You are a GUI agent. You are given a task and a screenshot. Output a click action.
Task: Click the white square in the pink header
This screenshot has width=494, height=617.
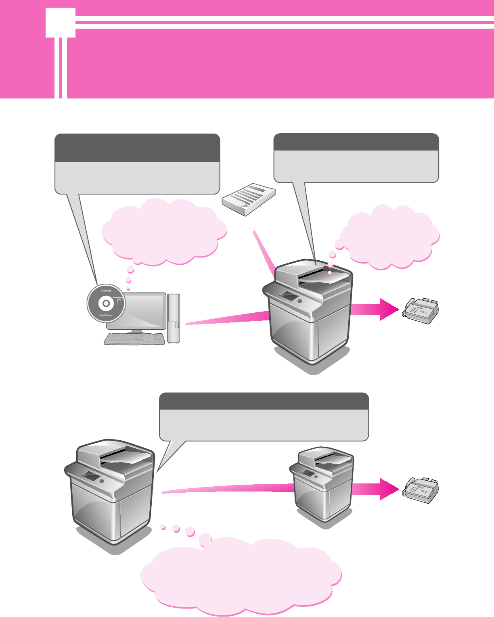point(61,23)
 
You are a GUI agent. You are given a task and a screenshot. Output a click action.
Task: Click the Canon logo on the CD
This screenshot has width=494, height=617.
point(107,291)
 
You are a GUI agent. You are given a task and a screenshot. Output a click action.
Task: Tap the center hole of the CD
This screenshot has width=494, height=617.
point(106,303)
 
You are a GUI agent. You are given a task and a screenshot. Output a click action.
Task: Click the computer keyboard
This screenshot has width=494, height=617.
point(134,339)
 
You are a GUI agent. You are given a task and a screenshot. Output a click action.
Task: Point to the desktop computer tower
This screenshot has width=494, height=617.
point(174,318)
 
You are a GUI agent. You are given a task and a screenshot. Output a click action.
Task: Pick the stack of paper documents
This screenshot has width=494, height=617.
point(249,199)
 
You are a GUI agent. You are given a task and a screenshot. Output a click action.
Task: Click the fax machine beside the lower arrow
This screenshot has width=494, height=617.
point(420,490)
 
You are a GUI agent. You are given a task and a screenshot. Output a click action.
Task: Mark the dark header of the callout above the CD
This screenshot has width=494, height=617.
point(137,148)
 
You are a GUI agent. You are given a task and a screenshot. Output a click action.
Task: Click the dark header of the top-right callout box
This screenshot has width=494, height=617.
point(356,142)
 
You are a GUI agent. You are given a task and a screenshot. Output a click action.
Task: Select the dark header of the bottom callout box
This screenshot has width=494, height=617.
point(264,401)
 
